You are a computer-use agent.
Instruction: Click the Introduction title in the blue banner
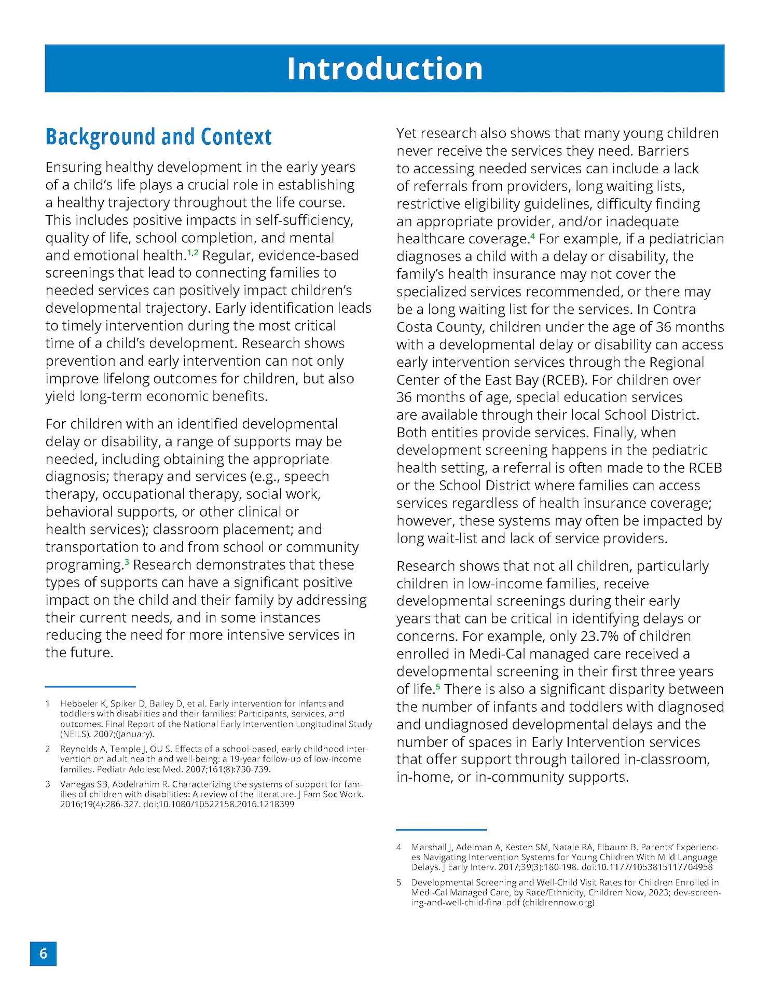384,68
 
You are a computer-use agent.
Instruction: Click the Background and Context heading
158,137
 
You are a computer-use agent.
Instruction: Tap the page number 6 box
43,953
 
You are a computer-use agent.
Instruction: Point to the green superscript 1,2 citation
192,252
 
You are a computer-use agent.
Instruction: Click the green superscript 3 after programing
127,561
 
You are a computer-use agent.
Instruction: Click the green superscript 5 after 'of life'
438,686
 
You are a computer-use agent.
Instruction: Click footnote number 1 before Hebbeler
48,703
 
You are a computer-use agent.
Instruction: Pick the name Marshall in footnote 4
428,847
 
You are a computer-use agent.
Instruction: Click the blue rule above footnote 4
441,829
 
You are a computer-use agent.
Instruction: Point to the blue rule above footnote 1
90,686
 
